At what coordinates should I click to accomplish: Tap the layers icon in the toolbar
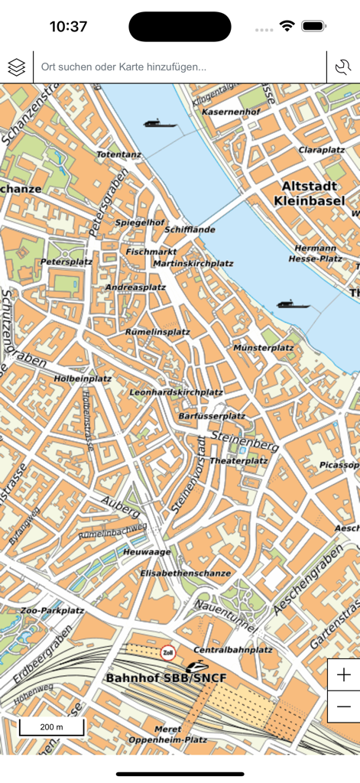(x=17, y=67)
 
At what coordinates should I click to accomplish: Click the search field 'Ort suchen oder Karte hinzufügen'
(x=180, y=67)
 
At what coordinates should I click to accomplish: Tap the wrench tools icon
(x=343, y=67)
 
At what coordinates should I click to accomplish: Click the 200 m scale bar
(x=52, y=726)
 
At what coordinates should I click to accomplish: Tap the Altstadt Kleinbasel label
(x=313, y=193)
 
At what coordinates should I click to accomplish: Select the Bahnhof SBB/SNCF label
(x=166, y=677)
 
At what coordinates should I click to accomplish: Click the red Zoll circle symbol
(x=168, y=652)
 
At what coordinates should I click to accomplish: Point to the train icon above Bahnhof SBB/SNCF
(x=196, y=665)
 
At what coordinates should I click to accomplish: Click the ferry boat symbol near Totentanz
(x=159, y=122)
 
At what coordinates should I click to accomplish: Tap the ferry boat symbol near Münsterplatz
(x=294, y=304)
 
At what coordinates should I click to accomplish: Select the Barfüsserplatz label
(x=211, y=416)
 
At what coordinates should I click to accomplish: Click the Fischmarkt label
(x=151, y=251)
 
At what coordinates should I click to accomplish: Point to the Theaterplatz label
(x=238, y=461)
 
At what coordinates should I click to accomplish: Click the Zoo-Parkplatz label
(x=52, y=610)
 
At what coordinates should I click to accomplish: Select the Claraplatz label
(x=323, y=149)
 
